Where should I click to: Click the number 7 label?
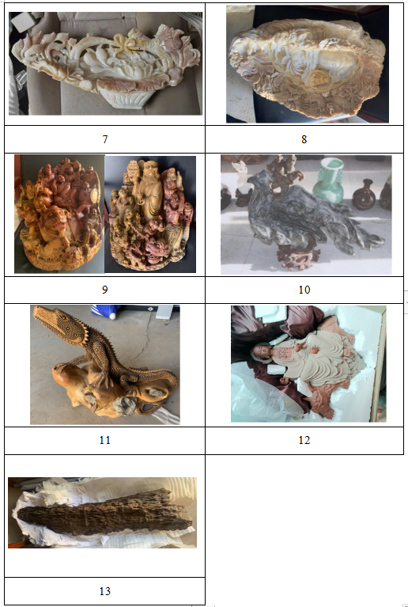coord(105,139)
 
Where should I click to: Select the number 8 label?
coord(304,139)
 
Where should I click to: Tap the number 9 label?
coord(105,290)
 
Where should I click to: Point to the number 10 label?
coord(304,290)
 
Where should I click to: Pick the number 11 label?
coord(105,440)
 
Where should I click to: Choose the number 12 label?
coord(304,440)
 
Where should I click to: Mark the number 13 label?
coord(105,591)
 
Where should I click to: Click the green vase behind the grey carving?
coord(328,180)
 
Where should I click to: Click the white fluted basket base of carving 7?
coord(124,97)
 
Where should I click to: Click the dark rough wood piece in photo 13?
coord(104,513)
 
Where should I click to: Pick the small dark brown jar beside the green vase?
coord(364,195)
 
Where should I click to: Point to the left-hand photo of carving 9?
coord(59,214)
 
